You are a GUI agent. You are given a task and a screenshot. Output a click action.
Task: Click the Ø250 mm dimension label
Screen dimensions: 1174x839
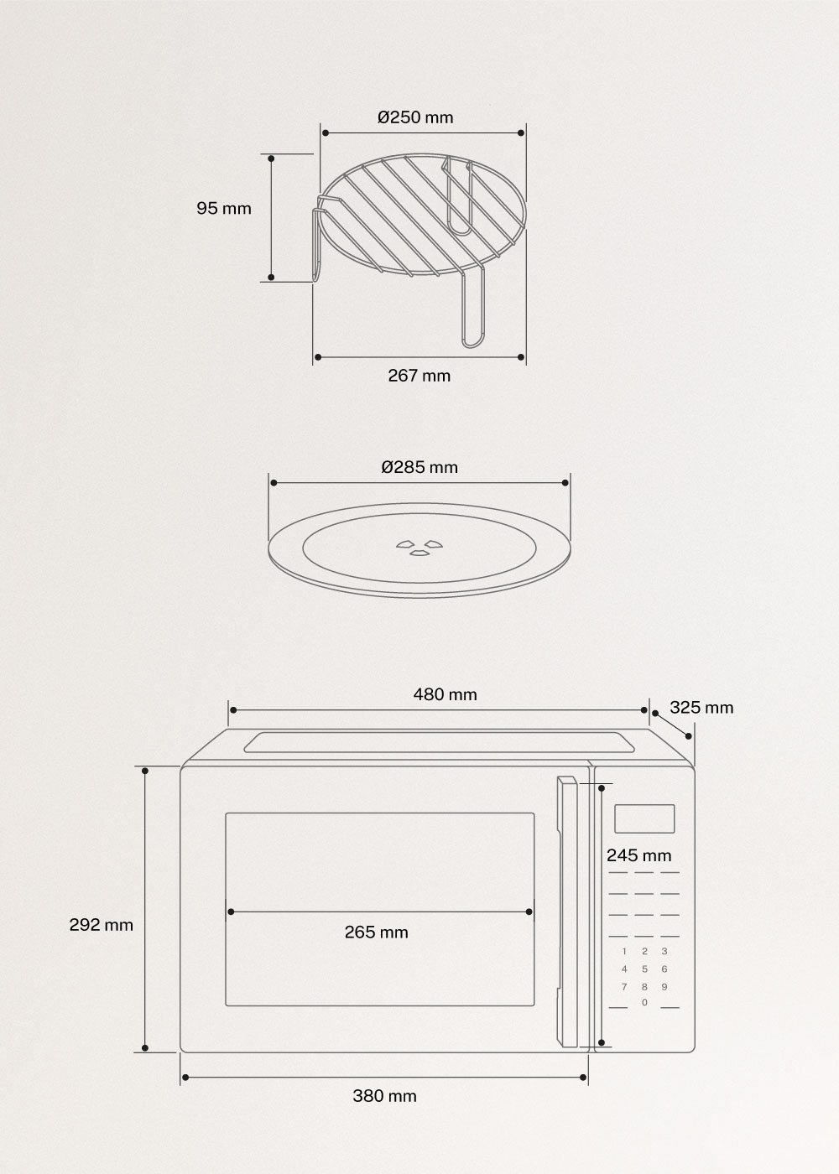pyautogui.click(x=415, y=117)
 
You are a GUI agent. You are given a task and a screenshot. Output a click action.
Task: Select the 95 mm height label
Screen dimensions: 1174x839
pyautogui.click(x=224, y=208)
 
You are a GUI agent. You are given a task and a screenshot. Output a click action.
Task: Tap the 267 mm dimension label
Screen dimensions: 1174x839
pyautogui.click(x=419, y=376)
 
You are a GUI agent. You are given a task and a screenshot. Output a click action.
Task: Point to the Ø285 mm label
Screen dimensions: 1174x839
pyautogui.click(x=419, y=467)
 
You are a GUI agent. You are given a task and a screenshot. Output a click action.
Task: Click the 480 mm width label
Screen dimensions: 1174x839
pyautogui.click(x=445, y=694)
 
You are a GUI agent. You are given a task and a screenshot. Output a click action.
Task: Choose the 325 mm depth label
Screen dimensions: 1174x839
pyautogui.click(x=701, y=708)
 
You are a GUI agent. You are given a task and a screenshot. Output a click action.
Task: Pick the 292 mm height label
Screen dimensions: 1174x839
pyautogui.click(x=101, y=925)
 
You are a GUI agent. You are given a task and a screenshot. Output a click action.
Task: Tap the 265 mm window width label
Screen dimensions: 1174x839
pyautogui.click(x=377, y=932)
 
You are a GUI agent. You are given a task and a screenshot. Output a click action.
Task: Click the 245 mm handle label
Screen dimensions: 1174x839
pyautogui.click(x=639, y=856)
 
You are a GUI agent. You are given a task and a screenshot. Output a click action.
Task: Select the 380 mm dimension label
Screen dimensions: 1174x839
pyautogui.click(x=384, y=1096)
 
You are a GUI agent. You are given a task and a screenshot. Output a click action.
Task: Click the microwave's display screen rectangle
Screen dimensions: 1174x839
pyautogui.click(x=644, y=819)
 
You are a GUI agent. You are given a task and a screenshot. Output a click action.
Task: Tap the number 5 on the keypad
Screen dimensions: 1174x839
pyautogui.click(x=644, y=969)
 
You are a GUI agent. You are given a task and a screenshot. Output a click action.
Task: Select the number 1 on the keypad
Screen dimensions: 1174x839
pyautogui.click(x=623, y=952)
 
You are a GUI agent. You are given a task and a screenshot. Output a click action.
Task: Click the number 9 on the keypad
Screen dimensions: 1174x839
pyautogui.click(x=664, y=987)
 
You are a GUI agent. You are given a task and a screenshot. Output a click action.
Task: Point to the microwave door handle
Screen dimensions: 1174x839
pyautogui.click(x=567, y=912)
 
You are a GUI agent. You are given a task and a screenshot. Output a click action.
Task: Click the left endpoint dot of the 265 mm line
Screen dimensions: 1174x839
pyautogui.click(x=228, y=912)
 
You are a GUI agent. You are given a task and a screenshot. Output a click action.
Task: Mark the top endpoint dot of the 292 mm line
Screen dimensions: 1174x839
pyautogui.click(x=145, y=770)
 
